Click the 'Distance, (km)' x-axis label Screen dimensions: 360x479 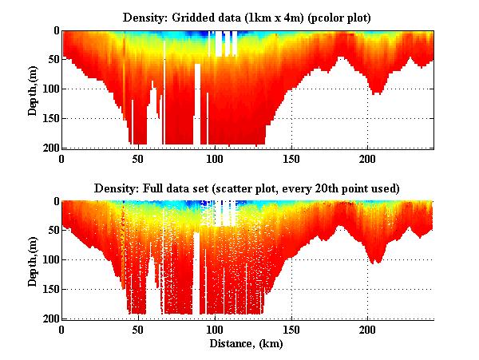coord(247,344)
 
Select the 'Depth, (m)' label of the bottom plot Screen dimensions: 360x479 coord(33,260)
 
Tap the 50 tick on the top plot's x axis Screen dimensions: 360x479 coord(138,159)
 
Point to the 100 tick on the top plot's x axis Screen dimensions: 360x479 coord(215,159)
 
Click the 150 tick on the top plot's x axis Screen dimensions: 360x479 coord(291,159)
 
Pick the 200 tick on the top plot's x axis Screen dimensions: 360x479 coord(367,159)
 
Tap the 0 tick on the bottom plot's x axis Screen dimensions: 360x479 coord(61,330)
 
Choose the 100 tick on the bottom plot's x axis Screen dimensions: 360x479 coord(215,330)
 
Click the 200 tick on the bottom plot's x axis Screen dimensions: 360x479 coord(367,330)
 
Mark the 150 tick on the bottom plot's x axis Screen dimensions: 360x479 coord(291,330)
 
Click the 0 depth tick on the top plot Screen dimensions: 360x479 coord(55,30)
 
